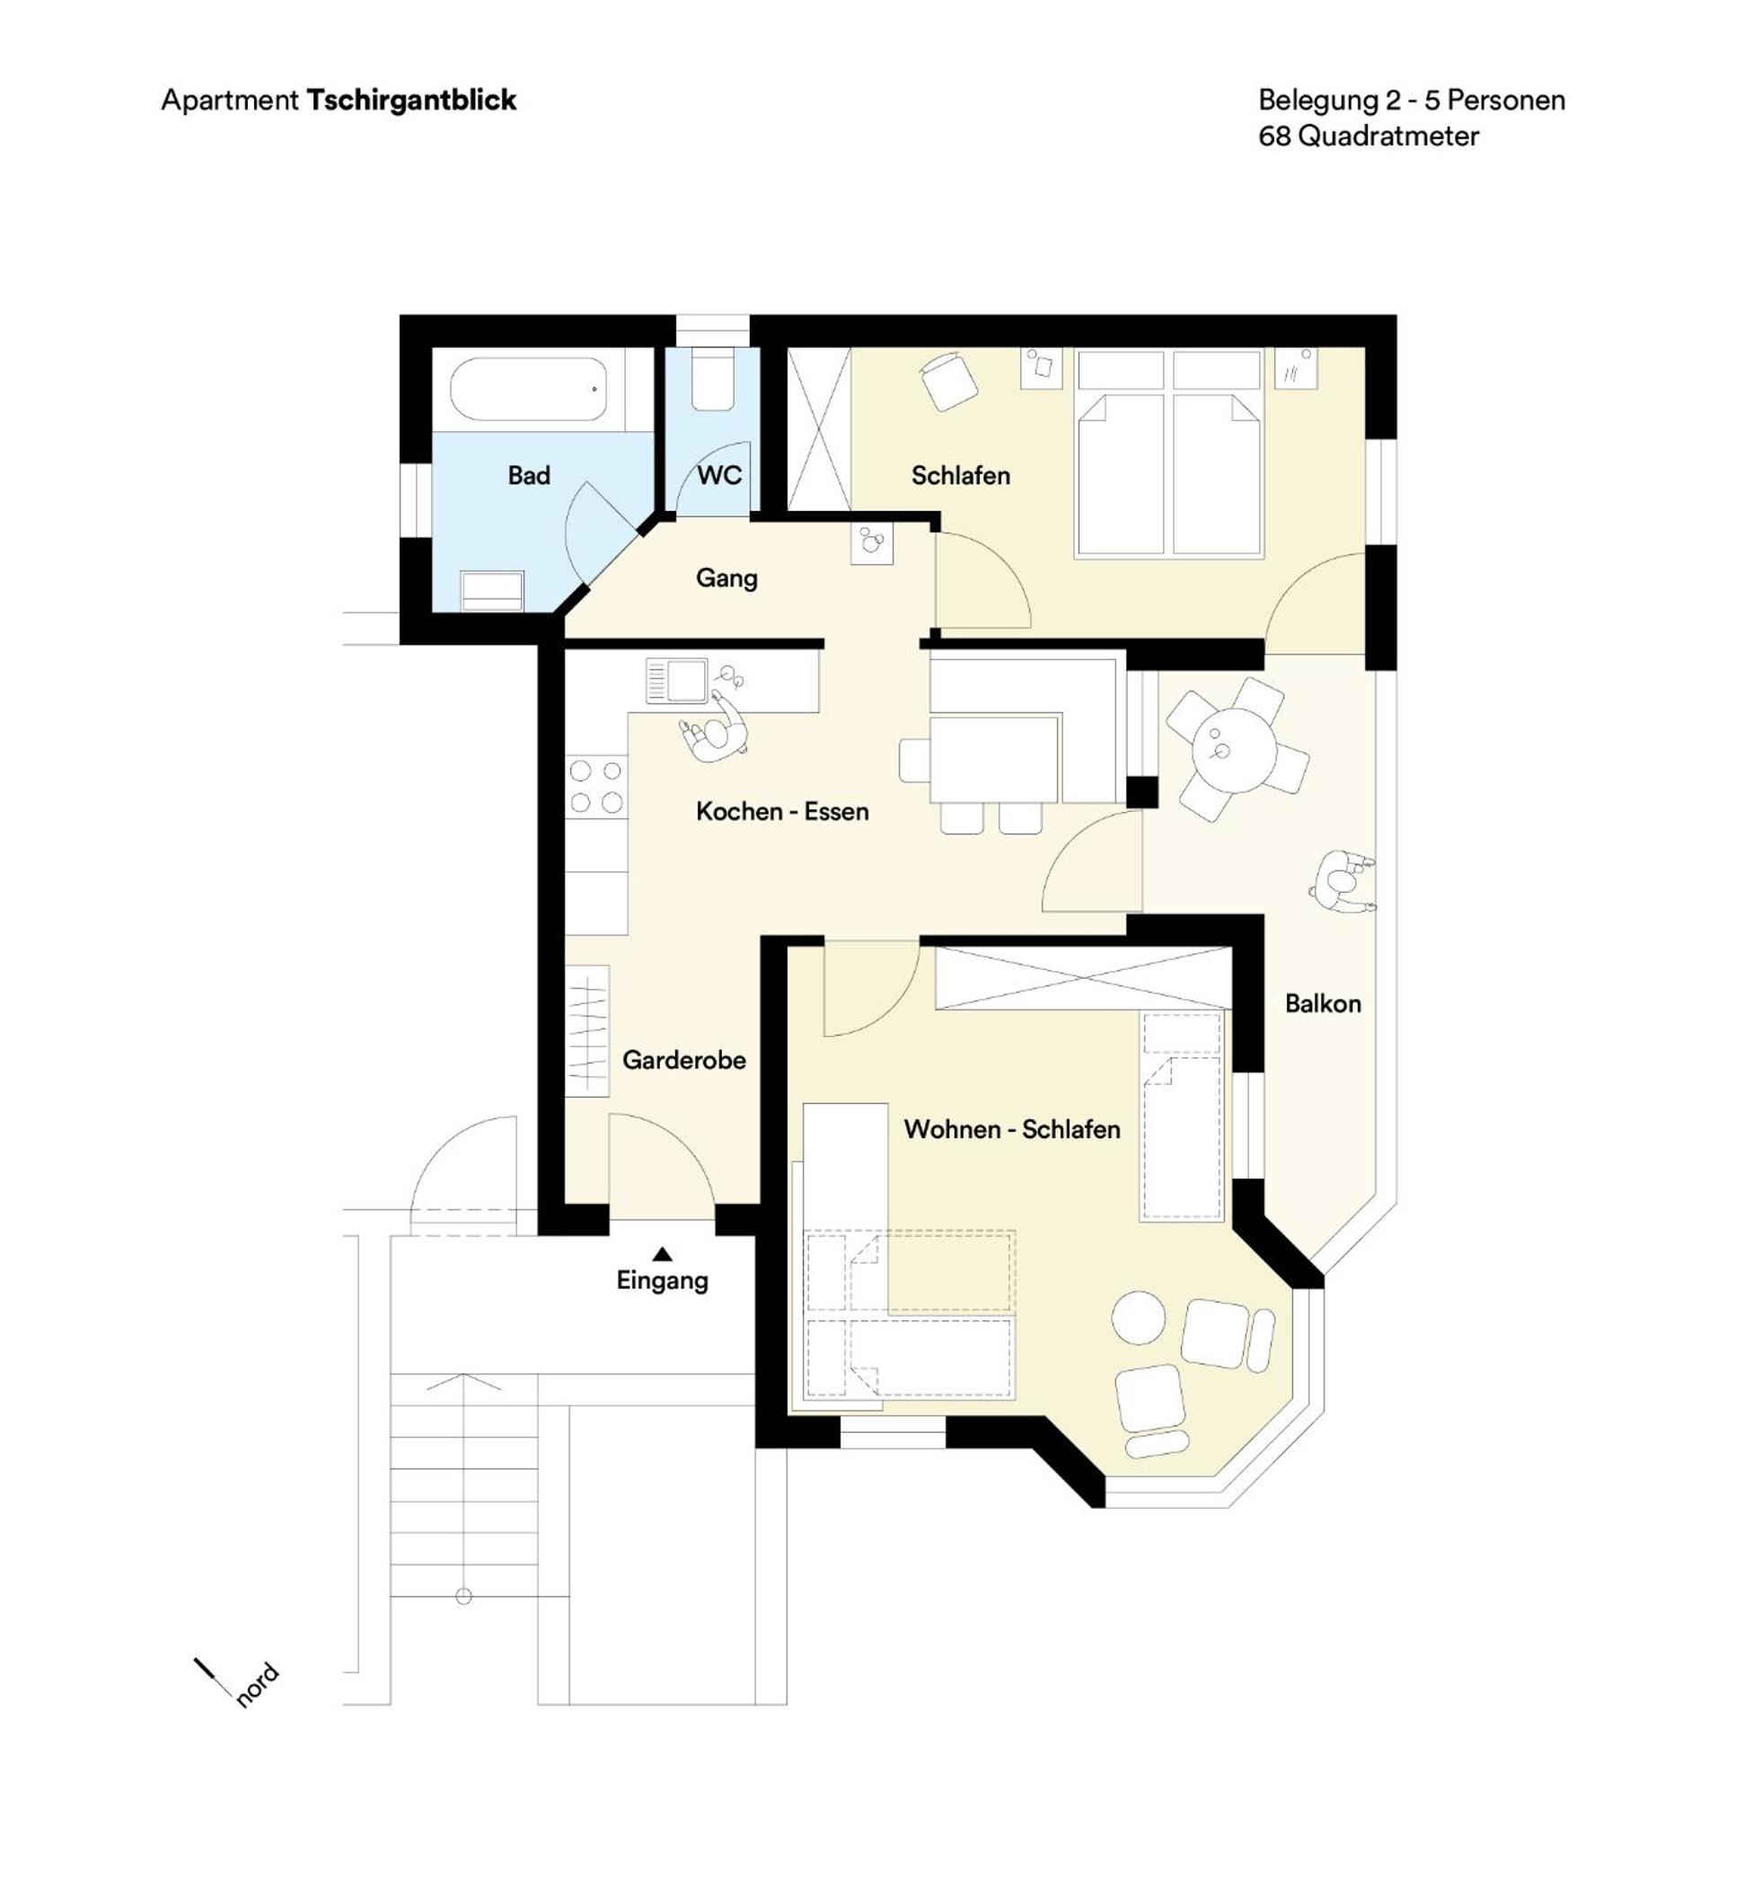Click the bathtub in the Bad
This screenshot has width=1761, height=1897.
click(528, 389)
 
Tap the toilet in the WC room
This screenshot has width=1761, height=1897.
click(712, 378)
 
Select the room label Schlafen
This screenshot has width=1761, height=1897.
click(961, 476)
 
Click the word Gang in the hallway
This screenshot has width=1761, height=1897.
click(727, 578)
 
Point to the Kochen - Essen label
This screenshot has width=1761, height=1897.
click(782, 811)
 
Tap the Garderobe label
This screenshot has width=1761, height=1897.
click(684, 1060)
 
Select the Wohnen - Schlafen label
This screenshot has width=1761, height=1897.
click(1012, 1130)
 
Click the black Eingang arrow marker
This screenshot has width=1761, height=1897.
click(662, 1254)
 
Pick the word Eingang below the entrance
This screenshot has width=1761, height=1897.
click(662, 1280)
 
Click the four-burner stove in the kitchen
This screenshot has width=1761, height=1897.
click(596, 787)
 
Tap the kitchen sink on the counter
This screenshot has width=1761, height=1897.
click(676, 681)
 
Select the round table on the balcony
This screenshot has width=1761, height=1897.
click(1234, 750)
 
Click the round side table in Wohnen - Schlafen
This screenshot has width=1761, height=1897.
click(1139, 1318)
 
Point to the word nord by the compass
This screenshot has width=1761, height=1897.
click(258, 1684)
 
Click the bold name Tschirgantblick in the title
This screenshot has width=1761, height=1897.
click(411, 100)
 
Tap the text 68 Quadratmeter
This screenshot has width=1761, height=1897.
click(1369, 137)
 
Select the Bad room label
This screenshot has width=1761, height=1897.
click(529, 476)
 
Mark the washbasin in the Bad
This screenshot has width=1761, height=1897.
click(492, 590)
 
